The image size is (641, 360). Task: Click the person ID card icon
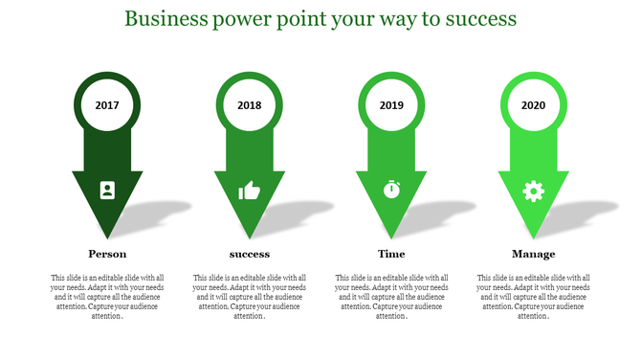107,190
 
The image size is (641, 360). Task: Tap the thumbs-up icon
249,191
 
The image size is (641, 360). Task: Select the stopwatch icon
391,190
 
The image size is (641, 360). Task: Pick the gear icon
533,191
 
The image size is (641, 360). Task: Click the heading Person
107,254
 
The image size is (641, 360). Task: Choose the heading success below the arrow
250,254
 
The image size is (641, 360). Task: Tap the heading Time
391,254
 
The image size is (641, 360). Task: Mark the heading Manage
533,254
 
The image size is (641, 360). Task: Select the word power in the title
243,18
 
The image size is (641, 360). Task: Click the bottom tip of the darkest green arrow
107,236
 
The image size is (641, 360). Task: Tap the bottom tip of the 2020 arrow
533,236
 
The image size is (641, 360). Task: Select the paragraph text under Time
391,297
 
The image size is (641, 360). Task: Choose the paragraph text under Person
107,297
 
